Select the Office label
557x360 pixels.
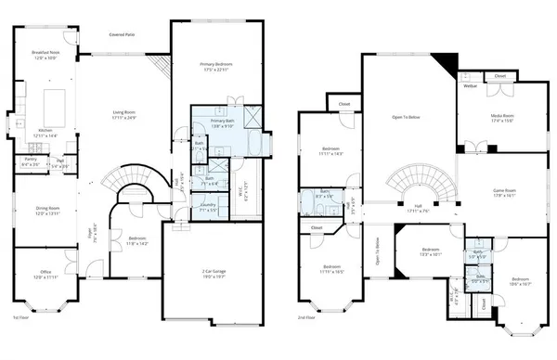(45, 274)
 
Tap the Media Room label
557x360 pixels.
(502, 117)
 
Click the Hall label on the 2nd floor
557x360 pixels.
(417, 207)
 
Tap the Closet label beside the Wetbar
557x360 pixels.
(499, 75)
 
